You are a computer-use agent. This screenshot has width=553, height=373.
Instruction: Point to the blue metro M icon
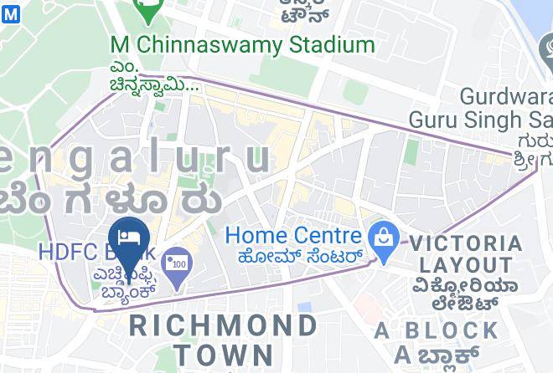tap(10, 14)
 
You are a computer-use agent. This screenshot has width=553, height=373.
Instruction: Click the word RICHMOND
tap(224, 324)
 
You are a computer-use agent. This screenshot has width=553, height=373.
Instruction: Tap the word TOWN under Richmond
tap(220, 354)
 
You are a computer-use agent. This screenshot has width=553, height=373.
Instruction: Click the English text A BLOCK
tap(437, 330)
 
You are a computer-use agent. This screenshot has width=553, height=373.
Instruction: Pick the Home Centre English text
tap(293, 237)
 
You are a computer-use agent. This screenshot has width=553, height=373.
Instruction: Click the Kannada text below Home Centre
tap(300, 257)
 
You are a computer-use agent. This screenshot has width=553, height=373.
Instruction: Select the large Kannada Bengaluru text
tap(109, 201)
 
